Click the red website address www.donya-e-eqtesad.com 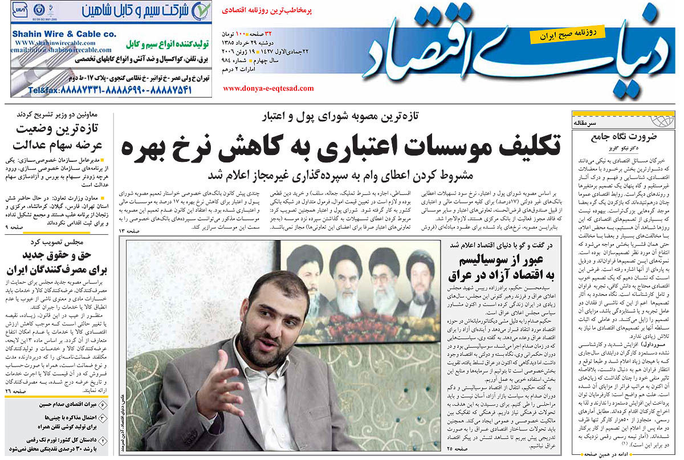click(x=268, y=88)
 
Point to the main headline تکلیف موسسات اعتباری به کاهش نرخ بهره click(x=341, y=147)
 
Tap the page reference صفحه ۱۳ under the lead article click(x=129, y=230)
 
